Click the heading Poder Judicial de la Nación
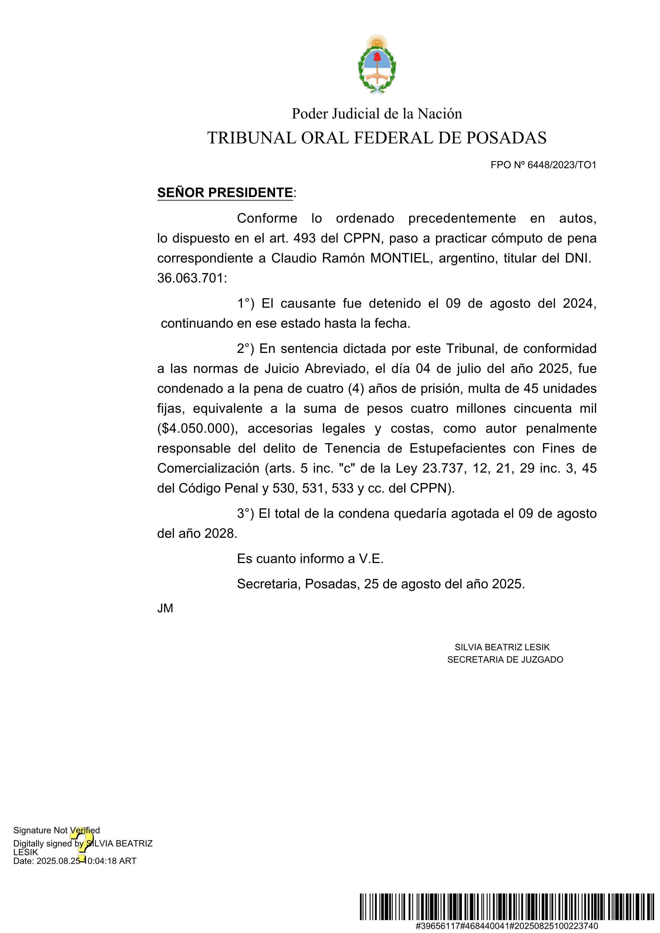point(377,114)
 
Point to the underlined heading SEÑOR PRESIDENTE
point(225,193)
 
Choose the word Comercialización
point(208,468)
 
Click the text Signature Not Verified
point(56,830)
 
